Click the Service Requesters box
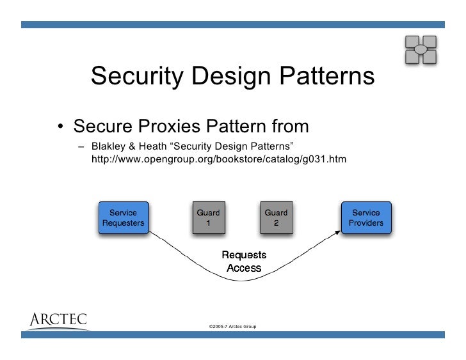click(123, 218)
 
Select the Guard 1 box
click(207, 218)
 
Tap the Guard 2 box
click(276, 218)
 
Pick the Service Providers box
click(366, 218)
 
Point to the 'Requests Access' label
click(244, 262)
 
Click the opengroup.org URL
click(218, 157)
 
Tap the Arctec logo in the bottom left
click(58, 319)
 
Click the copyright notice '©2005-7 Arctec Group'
click(232, 327)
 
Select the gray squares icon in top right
click(421, 49)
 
